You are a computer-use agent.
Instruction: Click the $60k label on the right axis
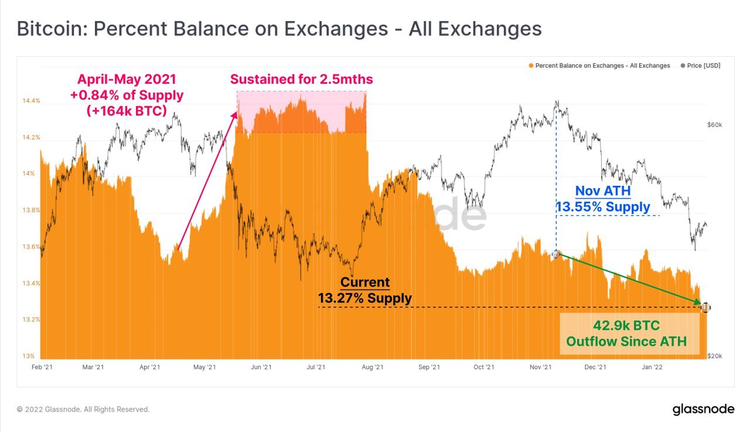pos(715,125)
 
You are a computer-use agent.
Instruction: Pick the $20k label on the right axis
pos(715,356)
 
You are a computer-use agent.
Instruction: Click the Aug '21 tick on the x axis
pos(372,368)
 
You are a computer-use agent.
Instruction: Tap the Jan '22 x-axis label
pos(653,368)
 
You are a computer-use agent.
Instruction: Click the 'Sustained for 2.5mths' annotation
pos(301,79)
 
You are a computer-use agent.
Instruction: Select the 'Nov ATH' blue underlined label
pos(603,191)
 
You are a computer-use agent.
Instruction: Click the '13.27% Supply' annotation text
pos(364,298)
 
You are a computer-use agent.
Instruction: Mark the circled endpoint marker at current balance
pos(705,307)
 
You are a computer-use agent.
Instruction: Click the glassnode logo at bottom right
pos(703,409)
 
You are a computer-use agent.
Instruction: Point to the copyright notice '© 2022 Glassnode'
pos(83,410)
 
